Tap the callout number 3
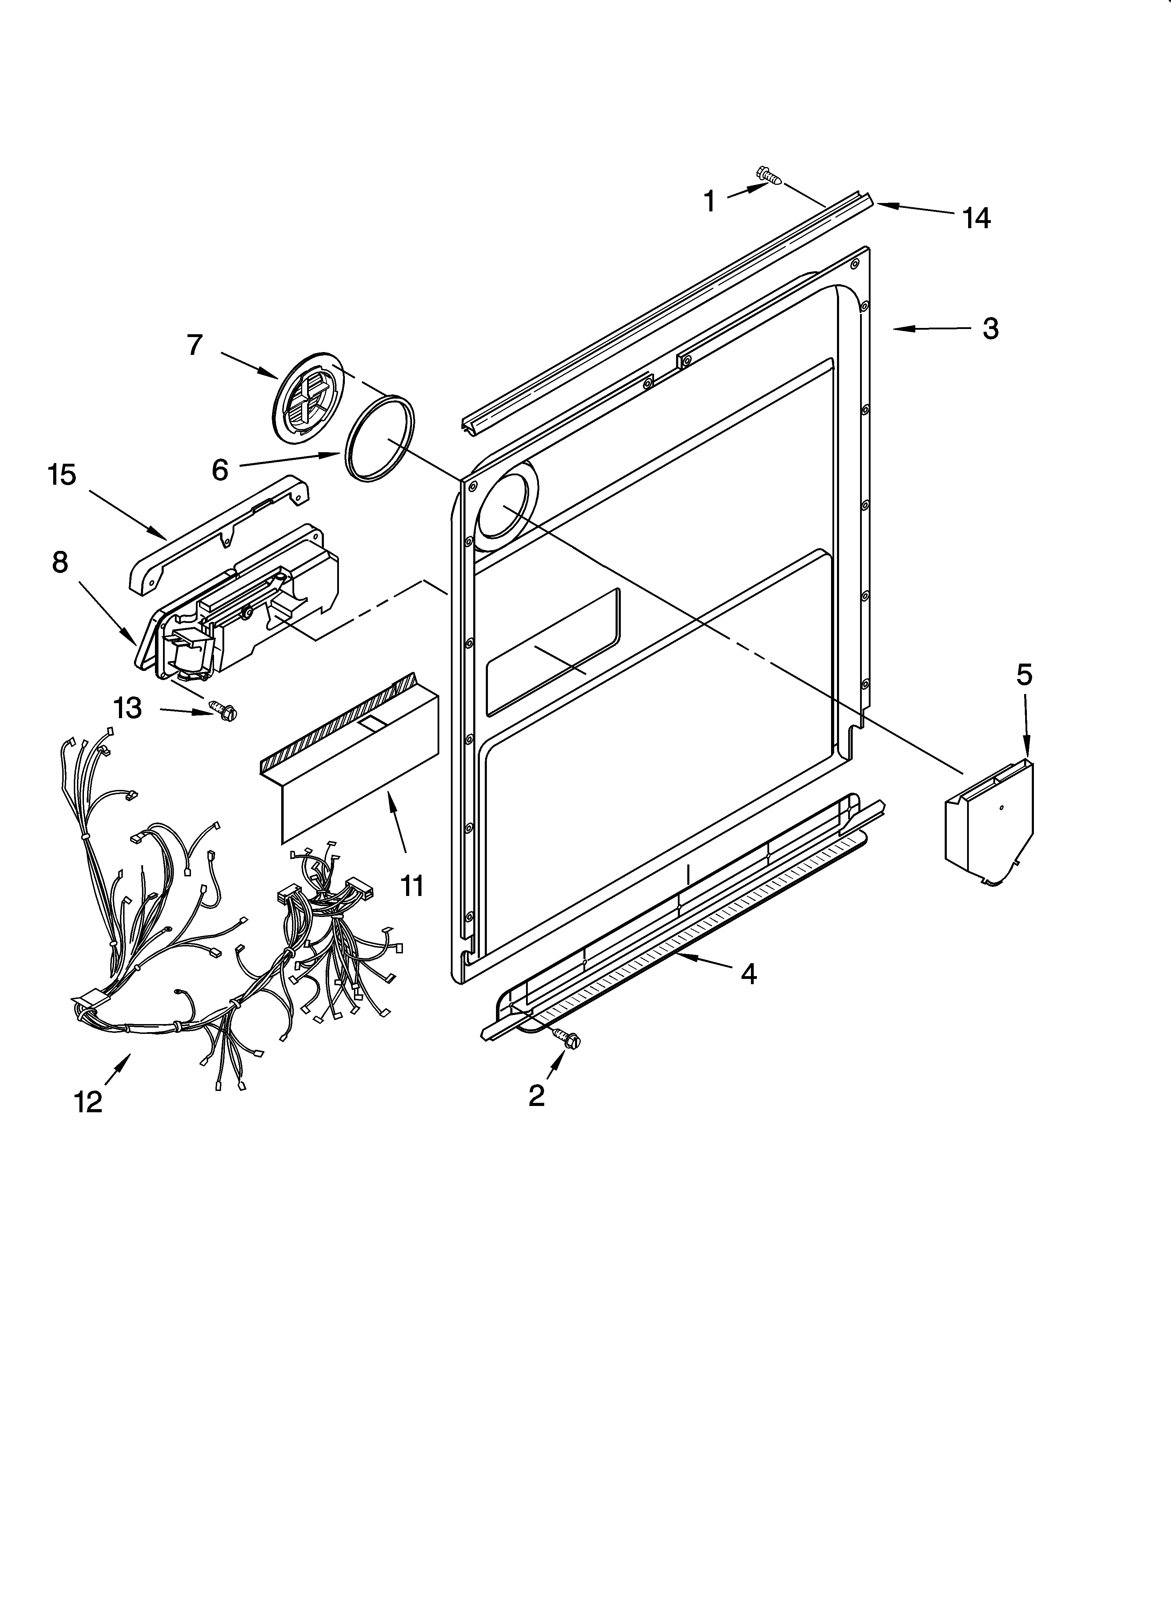tap(990, 329)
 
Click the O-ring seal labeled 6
tap(379, 438)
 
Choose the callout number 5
tap(1024, 675)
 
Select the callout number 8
tap(60, 562)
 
